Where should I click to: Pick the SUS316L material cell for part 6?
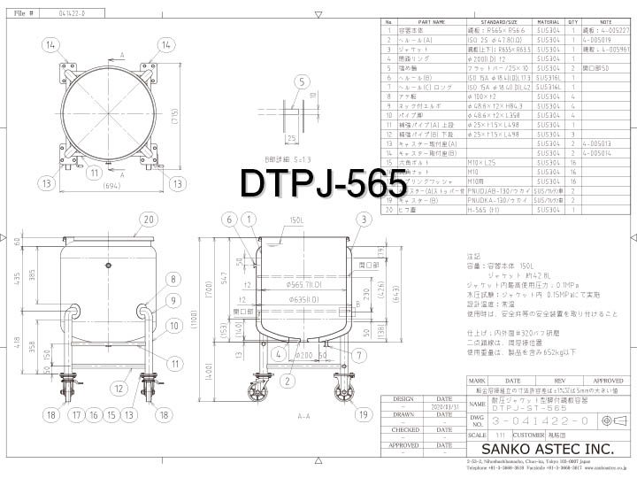click(x=548, y=77)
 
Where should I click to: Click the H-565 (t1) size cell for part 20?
click(x=487, y=210)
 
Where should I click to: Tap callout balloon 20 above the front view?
click(x=149, y=219)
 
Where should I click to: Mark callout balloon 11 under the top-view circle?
click(x=93, y=173)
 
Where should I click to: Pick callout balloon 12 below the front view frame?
click(x=119, y=387)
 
